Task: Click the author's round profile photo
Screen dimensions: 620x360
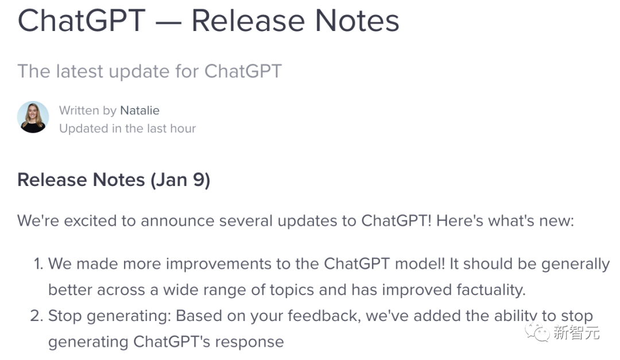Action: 33,117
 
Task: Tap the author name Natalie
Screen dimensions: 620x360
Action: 139,110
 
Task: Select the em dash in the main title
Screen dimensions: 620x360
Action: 168,22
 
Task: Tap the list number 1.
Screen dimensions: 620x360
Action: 38,264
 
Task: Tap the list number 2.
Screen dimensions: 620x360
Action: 36,316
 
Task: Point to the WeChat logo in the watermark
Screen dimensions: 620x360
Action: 537,331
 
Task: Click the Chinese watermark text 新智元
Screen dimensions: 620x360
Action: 576,332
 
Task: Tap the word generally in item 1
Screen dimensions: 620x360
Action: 575,264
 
